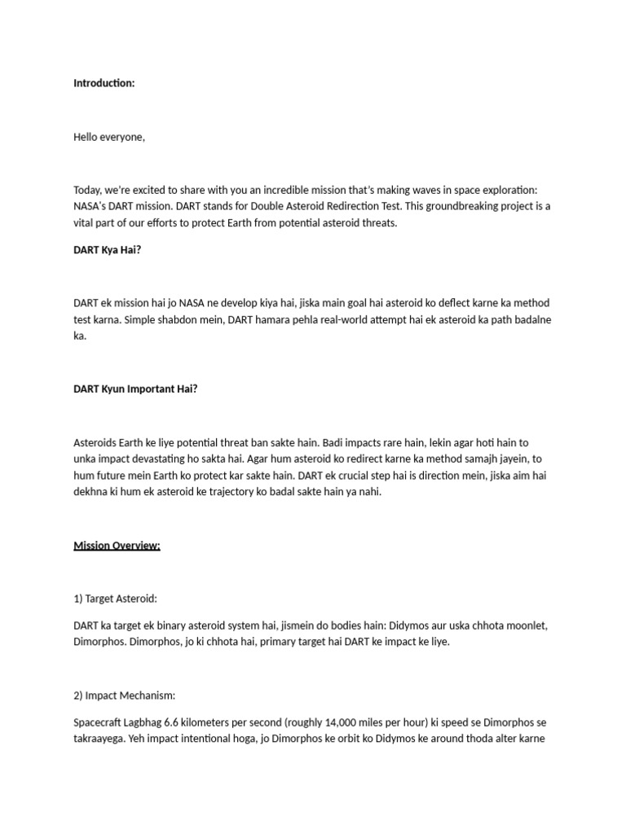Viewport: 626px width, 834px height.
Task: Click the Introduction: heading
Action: pyautogui.click(x=104, y=83)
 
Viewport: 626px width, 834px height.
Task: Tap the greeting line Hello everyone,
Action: pyautogui.click(x=109, y=137)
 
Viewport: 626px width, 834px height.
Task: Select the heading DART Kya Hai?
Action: pyautogui.click(x=108, y=250)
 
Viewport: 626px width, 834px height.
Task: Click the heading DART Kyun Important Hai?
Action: pyautogui.click(x=135, y=388)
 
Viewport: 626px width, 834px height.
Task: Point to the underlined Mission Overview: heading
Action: pyautogui.click(x=117, y=545)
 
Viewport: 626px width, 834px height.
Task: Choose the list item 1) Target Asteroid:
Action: pyautogui.click(x=115, y=599)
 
